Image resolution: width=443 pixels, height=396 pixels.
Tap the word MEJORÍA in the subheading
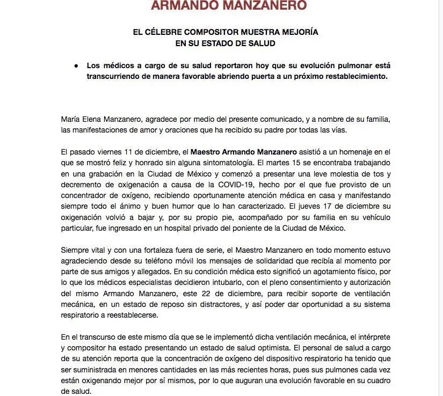(x=299, y=32)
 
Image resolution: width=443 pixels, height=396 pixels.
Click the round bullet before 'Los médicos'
(x=76, y=65)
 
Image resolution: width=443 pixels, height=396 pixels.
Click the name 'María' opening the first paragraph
(x=72, y=118)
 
